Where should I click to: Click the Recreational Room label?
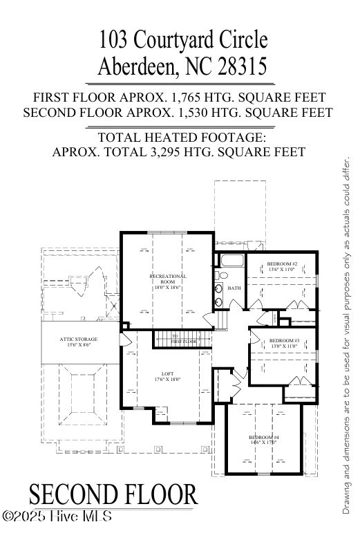168,280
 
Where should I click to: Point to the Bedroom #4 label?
264,440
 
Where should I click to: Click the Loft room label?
168,376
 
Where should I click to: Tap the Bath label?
234,288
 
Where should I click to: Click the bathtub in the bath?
230,263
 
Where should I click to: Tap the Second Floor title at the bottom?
113,495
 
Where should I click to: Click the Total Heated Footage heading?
180,137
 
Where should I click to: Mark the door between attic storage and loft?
124,339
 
